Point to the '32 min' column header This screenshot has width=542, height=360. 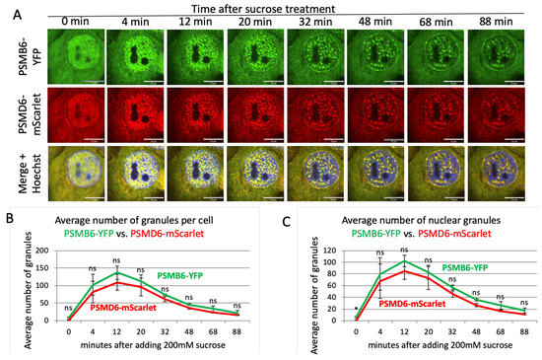click(316, 21)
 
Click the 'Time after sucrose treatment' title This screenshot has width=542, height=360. click(286, 8)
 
